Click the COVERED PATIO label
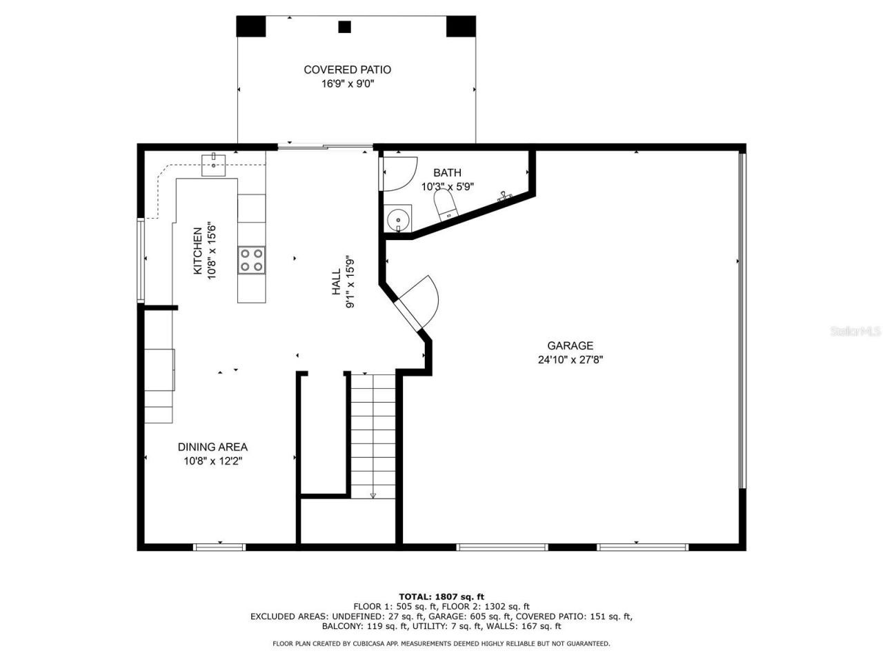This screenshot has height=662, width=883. (x=347, y=70)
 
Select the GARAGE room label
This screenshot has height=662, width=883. (x=570, y=345)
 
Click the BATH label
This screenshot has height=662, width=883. (x=447, y=172)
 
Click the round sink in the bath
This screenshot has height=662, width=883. (x=398, y=219)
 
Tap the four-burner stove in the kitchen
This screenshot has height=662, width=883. (x=251, y=260)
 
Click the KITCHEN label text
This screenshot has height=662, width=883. (x=197, y=251)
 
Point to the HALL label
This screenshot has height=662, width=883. (x=336, y=282)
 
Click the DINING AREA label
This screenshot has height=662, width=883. (x=212, y=447)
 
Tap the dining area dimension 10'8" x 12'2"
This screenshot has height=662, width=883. (x=212, y=461)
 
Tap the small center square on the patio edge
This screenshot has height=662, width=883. (x=345, y=27)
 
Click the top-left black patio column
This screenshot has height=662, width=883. (x=251, y=26)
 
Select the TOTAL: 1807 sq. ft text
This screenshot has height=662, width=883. (x=441, y=596)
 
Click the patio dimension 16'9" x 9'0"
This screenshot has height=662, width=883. (x=347, y=84)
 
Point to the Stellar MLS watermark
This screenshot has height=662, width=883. (x=855, y=332)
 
